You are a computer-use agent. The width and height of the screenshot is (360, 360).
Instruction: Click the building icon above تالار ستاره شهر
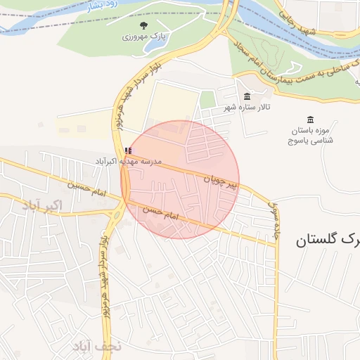tap(246, 96)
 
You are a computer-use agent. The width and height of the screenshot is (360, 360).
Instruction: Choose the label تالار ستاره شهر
tap(247, 108)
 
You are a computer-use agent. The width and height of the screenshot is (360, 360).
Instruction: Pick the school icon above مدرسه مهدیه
tap(127, 150)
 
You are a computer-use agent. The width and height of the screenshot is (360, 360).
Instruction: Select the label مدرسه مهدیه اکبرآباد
tap(129, 161)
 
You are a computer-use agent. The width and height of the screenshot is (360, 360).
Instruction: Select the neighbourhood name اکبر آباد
tap(42, 205)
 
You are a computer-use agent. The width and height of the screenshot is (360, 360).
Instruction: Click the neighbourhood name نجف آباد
tap(96, 346)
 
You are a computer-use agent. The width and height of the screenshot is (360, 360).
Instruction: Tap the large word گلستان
tap(328, 240)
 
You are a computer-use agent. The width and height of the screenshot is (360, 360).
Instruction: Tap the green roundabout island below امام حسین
tap(125, 205)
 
